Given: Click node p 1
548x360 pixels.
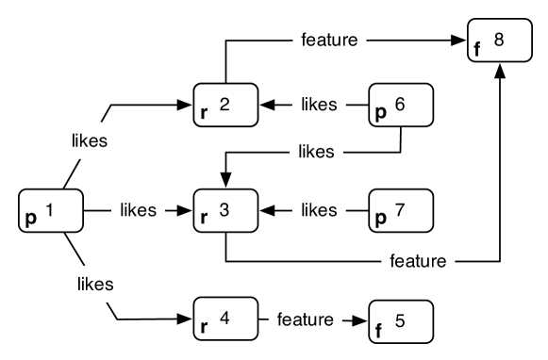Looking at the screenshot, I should coord(51,210).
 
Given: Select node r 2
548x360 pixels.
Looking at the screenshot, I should coord(225,105).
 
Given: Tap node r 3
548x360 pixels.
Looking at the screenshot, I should coord(225,210).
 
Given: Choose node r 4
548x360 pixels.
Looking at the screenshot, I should coord(225,319).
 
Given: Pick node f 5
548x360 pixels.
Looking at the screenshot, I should coord(401,321).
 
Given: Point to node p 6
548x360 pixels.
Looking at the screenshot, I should coord(401,105).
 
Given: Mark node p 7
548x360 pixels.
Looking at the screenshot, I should coord(401,210).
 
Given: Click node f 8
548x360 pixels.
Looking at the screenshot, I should coord(500,41).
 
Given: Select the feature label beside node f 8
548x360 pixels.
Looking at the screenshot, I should coord(329,40).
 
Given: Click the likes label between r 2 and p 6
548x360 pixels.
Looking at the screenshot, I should coord(319,105).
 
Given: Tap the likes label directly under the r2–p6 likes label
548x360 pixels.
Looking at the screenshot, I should coord(316,151).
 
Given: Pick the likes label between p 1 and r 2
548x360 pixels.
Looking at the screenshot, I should coord(90,141).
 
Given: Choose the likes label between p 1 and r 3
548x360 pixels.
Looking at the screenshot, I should coord(138,209).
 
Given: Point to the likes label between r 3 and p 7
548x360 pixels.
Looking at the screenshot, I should coord(319,210).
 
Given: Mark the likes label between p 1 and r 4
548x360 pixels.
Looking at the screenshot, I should coord(95,284).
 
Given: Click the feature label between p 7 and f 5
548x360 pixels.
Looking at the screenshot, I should coord(418,261).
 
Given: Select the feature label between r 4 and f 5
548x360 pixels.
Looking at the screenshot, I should coord(305,319).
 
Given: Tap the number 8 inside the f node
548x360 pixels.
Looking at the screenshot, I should coord(498,39).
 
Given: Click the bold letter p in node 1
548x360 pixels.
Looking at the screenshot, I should coord(31,219).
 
